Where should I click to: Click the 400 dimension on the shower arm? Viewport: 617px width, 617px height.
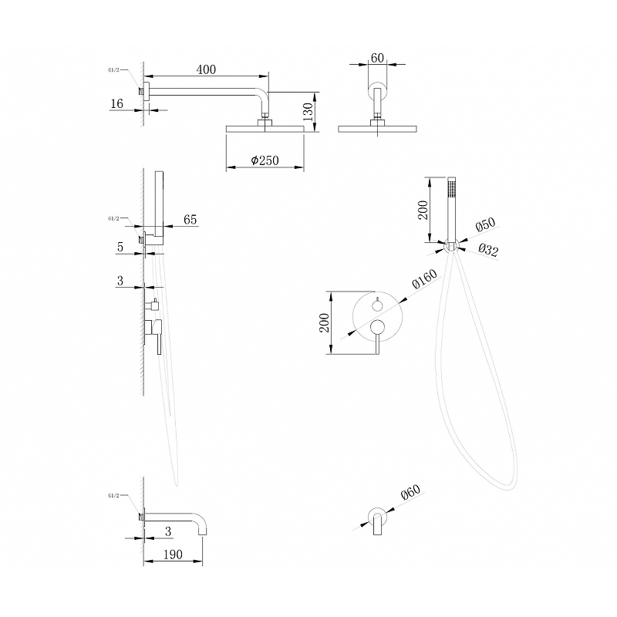pyautogui.click(x=205, y=69)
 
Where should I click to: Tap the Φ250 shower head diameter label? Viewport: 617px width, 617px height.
pyautogui.click(x=265, y=160)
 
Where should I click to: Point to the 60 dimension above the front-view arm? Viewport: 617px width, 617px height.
pyautogui.click(x=377, y=58)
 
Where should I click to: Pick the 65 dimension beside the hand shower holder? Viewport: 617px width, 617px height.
pyautogui.click(x=190, y=220)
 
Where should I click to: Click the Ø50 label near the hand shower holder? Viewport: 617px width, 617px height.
pyautogui.click(x=485, y=224)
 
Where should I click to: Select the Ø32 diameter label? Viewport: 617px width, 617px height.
pyautogui.click(x=487, y=249)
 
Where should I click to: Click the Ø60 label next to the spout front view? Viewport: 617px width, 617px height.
pyautogui.click(x=410, y=491)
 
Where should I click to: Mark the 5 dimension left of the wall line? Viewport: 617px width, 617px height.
pyautogui.click(x=121, y=248)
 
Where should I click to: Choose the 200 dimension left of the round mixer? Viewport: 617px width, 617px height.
pyautogui.click(x=326, y=322)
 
